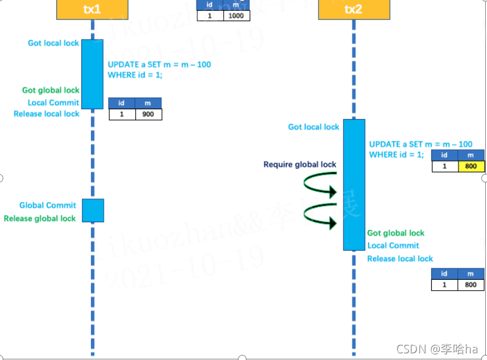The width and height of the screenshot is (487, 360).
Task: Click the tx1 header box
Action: click(92, 9)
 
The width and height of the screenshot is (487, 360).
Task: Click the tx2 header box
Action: click(354, 9)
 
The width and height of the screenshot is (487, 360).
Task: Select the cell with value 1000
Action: click(236, 16)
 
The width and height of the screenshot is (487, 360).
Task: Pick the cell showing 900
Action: click(148, 114)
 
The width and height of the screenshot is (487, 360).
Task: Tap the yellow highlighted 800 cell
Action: click(471, 166)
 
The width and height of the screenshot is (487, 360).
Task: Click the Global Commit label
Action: click(48, 205)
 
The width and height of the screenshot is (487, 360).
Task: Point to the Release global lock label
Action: click(40, 219)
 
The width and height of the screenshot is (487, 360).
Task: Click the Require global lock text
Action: click(300, 165)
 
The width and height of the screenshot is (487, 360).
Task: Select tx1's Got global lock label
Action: click(51, 90)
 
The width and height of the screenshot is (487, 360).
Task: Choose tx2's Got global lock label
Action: click(395, 233)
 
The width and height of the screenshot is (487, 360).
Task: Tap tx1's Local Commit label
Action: click(53, 103)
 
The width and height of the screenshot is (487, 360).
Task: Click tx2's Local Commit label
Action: click(393, 246)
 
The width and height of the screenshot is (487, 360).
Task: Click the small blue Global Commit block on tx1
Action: click(93, 210)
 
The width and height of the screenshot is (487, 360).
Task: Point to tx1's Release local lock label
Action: click(47, 114)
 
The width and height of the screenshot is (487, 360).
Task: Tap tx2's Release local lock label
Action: click(400, 259)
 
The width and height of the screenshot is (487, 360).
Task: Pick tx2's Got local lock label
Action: click(314, 127)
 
